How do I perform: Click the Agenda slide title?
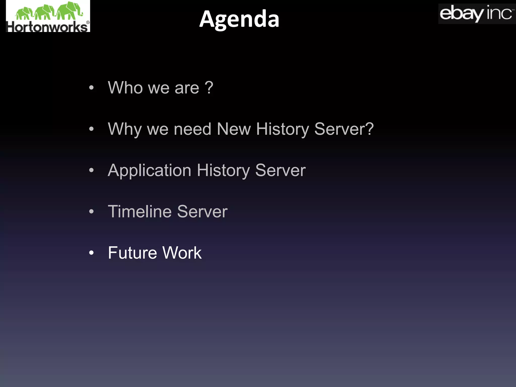(x=239, y=19)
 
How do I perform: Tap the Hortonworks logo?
(x=48, y=16)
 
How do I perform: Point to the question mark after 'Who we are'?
(x=209, y=87)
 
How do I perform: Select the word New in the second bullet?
(x=234, y=129)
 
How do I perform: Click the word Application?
(x=149, y=170)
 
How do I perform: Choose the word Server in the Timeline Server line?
(x=202, y=211)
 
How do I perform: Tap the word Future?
(x=133, y=253)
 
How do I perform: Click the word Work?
(x=182, y=253)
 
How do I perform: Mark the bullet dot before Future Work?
(x=91, y=253)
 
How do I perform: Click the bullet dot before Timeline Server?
(x=91, y=212)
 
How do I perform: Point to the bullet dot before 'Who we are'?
(x=91, y=88)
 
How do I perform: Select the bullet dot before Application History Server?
(x=91, y=170)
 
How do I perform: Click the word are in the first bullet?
(x=187, y=88)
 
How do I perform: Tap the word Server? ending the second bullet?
(x=344, y=129)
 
